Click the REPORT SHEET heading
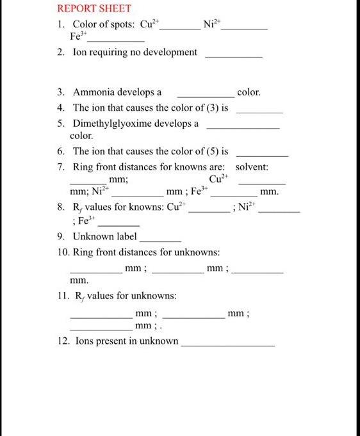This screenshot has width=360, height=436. pos(94,9)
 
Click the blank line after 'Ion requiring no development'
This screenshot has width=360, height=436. pos(233,57)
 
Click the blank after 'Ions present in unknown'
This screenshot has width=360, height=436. pos(228,345)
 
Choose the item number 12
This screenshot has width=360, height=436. pos(62,341)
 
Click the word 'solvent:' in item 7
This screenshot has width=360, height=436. pos(252,167)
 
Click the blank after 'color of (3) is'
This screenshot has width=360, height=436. pos(259,112)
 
